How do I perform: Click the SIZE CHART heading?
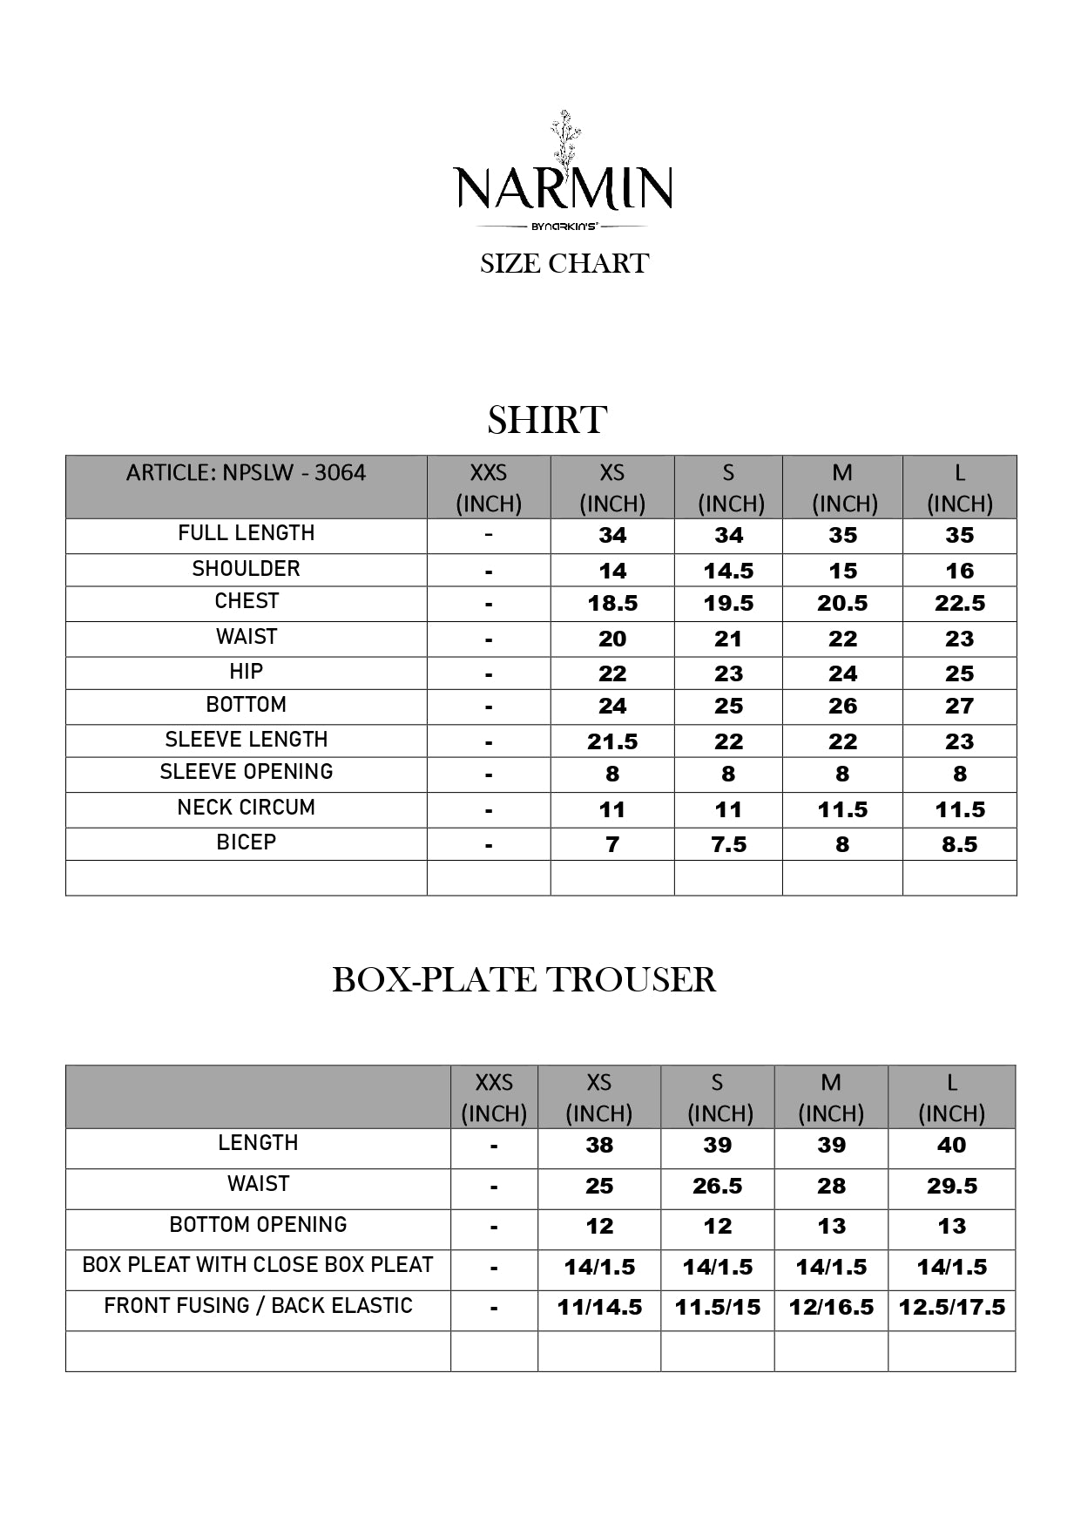coord(564,263)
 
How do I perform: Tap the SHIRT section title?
coord(546,420)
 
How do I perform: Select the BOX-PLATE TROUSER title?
coord(524,979)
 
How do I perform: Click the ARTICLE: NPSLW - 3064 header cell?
coord(246,473)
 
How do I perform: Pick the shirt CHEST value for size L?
coord(959,603)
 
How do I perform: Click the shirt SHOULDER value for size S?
coord(728,571)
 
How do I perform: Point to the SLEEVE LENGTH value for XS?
coord(611,741)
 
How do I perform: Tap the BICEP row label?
coord(246,842)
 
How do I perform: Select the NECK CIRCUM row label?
coord(246,808)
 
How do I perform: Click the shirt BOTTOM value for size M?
coord(842,706)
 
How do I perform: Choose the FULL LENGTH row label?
coord(246,533)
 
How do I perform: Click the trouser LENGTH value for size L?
coord(951,1145)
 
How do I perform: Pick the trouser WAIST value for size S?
coord(717,1186)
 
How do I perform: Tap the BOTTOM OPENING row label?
coord(258,1225)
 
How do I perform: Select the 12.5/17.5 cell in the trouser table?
coord(951,1307)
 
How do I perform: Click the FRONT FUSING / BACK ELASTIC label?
coord(258,1306)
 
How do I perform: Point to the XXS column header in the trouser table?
coord(494,1097)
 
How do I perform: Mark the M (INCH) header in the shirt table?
coord(843,488)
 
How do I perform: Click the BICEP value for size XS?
coord(611,844)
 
